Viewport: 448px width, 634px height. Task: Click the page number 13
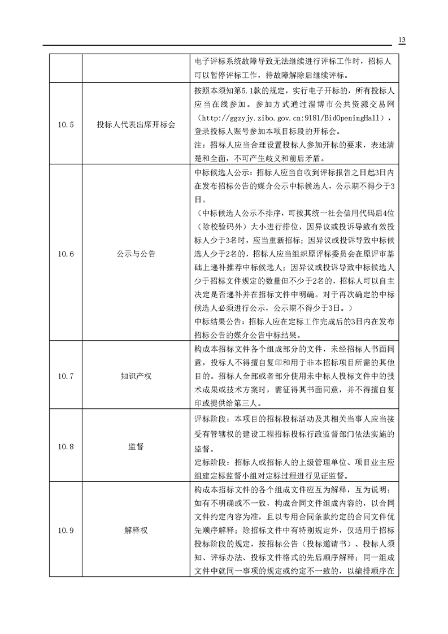[402, 40]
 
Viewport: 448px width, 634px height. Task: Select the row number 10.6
[66, 254]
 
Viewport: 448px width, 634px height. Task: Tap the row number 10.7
[66, 375]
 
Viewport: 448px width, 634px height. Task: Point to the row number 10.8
[66, 446]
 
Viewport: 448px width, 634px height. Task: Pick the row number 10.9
[66, 530]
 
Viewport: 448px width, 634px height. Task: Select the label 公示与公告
[136, 254]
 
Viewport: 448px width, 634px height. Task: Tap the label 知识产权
[136, 375]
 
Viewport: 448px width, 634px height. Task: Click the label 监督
[136, 446]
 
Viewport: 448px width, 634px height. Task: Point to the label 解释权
[136, 530]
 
